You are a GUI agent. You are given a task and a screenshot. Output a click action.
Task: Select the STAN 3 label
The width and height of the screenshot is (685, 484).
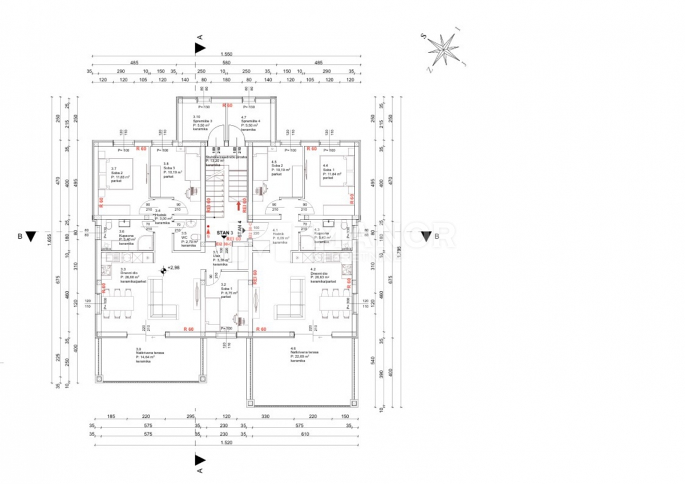click(x=225, y=233)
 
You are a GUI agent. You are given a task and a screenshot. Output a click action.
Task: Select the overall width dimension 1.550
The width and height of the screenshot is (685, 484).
click(x=226, y=54)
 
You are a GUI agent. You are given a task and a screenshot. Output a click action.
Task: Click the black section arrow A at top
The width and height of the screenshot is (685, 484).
click(x=199, y=48)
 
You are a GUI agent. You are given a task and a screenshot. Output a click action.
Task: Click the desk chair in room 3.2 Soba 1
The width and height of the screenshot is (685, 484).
click(x=236, y=320)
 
